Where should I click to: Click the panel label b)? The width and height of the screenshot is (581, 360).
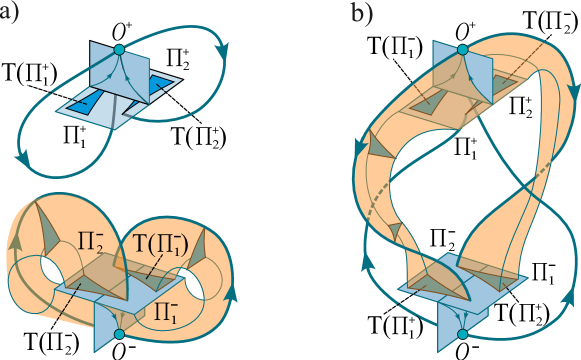click(x=361, y=15)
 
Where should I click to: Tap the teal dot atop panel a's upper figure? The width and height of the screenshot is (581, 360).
click(x=118, y=50)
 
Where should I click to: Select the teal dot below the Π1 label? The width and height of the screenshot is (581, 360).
click(x=119, y=333)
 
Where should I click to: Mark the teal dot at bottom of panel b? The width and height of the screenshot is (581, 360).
click(x=462, y=333)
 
